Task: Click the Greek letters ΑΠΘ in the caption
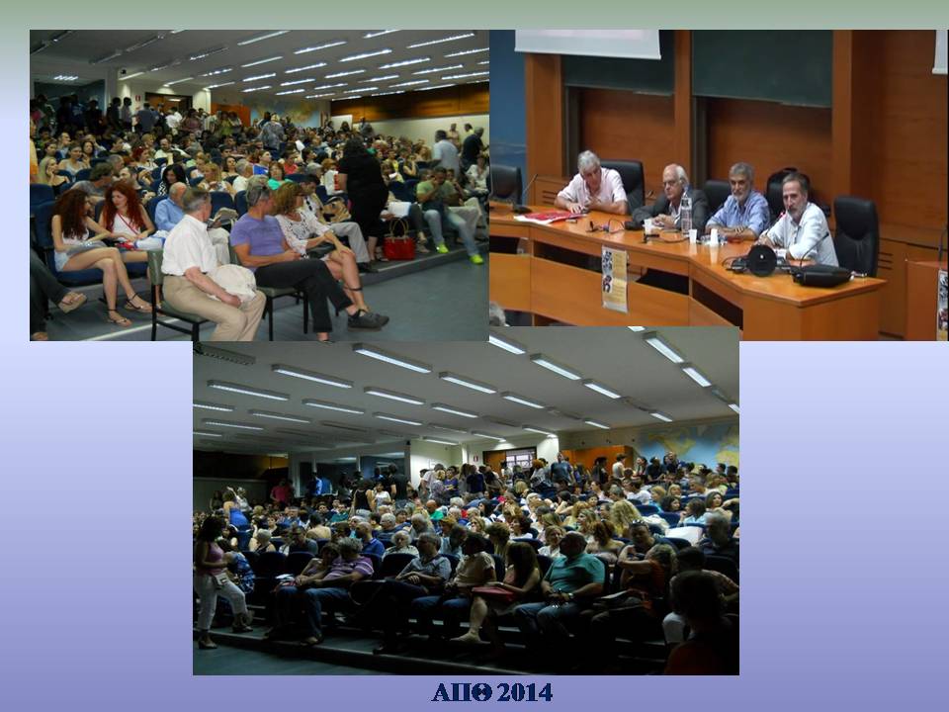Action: (x=462, y=692)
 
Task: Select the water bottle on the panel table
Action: (x=685, y=214)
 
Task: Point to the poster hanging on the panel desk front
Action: (x=614, y=279)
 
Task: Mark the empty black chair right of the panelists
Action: (x=856, y=233)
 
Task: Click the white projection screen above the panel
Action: (x=587, y=44)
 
